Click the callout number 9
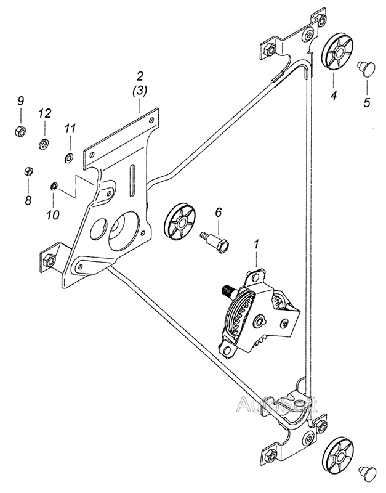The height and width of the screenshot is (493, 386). pos(20,101)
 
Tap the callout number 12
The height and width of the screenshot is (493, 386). pos(44,113)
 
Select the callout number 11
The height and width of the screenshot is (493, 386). pos(70,128)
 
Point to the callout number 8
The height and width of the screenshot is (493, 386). pos(28,200)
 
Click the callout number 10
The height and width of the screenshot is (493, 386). pos(53,215)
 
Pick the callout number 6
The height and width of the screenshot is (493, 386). pos(219,213)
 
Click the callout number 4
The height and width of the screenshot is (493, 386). pos(334,95)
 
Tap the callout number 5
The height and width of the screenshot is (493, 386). pos(367,102)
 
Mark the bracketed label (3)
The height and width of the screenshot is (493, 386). pos(140,91)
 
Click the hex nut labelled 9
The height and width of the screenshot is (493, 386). pos(20,130)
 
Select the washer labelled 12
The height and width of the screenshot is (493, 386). pos(44,144)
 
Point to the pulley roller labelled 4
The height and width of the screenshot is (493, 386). pos(337,53)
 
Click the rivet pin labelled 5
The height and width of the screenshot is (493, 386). pos(366,67)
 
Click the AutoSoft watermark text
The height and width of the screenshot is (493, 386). pos(276,405)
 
